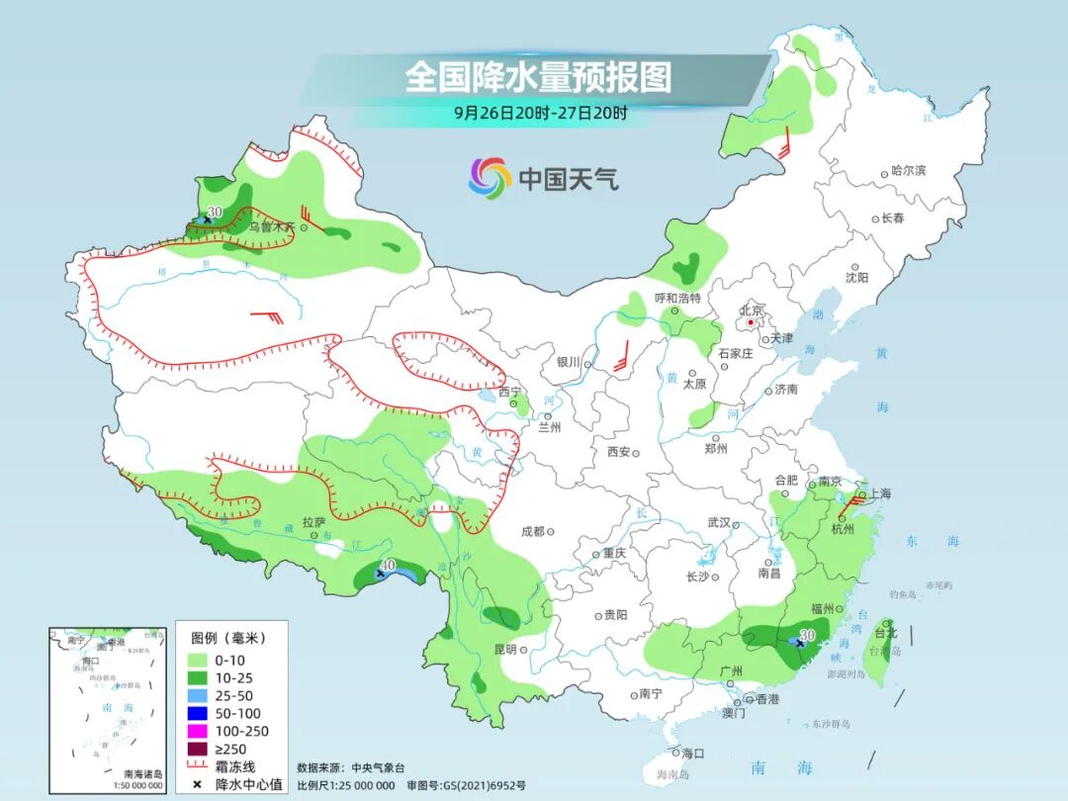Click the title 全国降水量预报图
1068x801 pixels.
[x=538, y=76]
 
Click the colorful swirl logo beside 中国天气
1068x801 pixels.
[x=489, y=178]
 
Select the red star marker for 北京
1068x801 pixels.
[x=752, y=322]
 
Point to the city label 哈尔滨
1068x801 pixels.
[x=908, y=171]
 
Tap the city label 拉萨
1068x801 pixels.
[x=313, y=522]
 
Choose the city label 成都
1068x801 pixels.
[x=532, y=531]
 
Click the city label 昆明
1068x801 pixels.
[x=504, y=650]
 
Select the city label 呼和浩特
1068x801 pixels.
[x=677, y=298]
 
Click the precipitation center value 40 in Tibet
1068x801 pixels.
[x=388, y=565]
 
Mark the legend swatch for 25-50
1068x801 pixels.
[x=196, y=695]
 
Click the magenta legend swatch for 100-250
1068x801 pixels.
[x=196, y=731]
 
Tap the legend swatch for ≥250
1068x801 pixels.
[x=196, y=749]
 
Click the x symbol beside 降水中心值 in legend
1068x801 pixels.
[x=196, y=784]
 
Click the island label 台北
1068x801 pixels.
[x=885, y=633]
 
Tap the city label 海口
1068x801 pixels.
[x=692, y=754]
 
